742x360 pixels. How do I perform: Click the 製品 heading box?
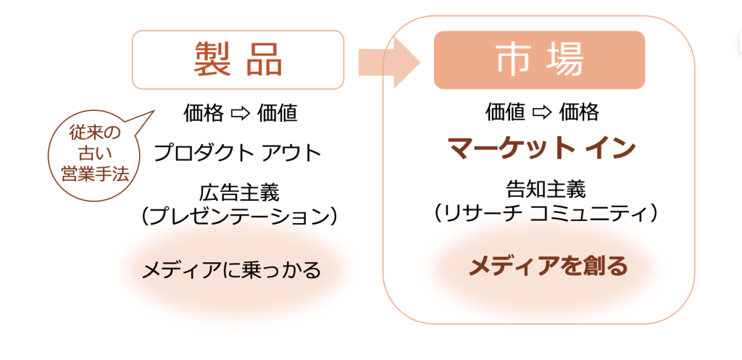pos(238,60)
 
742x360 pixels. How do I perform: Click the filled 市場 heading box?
pos(539,60)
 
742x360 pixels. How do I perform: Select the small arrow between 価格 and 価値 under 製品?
pos(240,114)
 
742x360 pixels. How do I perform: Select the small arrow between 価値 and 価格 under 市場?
pos(542,112)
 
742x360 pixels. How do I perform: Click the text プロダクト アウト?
pos(238,153)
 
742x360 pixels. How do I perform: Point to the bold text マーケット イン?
pos(541,148)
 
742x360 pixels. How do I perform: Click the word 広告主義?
pos(238,193)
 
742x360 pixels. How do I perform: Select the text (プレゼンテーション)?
pos(239,215)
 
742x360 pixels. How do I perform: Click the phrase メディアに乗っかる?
pos(230,271)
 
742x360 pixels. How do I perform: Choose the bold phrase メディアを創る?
pos(547,267)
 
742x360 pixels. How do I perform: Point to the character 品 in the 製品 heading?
pos(264,60)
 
